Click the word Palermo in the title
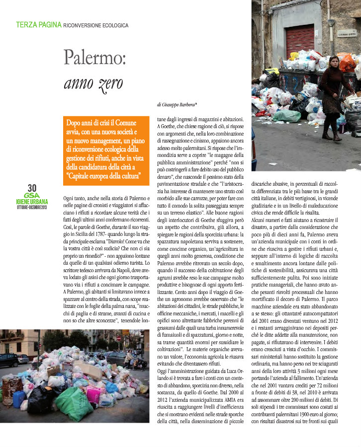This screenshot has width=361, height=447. click(x=95, y=58)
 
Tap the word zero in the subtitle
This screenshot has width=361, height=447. click(x=107, y=83)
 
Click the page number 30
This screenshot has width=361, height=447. click(x=32, y=188)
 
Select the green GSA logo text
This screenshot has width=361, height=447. click(x=32, y=196)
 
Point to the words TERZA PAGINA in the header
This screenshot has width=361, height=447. click(x=39, y=24)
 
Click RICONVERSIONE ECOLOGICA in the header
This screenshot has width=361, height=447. click(x=96, y=25)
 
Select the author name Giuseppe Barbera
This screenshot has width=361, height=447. click(x=179, y=105)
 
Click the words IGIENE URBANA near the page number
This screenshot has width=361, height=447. click(x=32, y=202)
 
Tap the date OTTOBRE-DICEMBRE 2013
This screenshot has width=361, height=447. click(x=32, y=207)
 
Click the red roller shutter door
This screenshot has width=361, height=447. click(x=299, y=39)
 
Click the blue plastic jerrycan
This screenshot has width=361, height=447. click(x=19, y=399)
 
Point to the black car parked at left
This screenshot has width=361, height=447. click(x=8, y=360)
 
